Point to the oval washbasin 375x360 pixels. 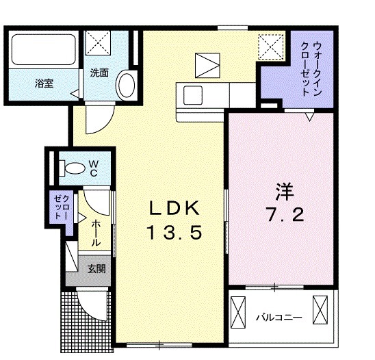[126, 87]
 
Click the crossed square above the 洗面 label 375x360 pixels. [101, 44]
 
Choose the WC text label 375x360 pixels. [93, 168]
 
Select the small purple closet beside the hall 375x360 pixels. [58, 206]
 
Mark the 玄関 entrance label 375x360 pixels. [96, 269]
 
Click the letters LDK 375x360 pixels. [173, 207]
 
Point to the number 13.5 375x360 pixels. [173, 233]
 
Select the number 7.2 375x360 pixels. [278, 214]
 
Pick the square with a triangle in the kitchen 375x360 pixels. [205, 65]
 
